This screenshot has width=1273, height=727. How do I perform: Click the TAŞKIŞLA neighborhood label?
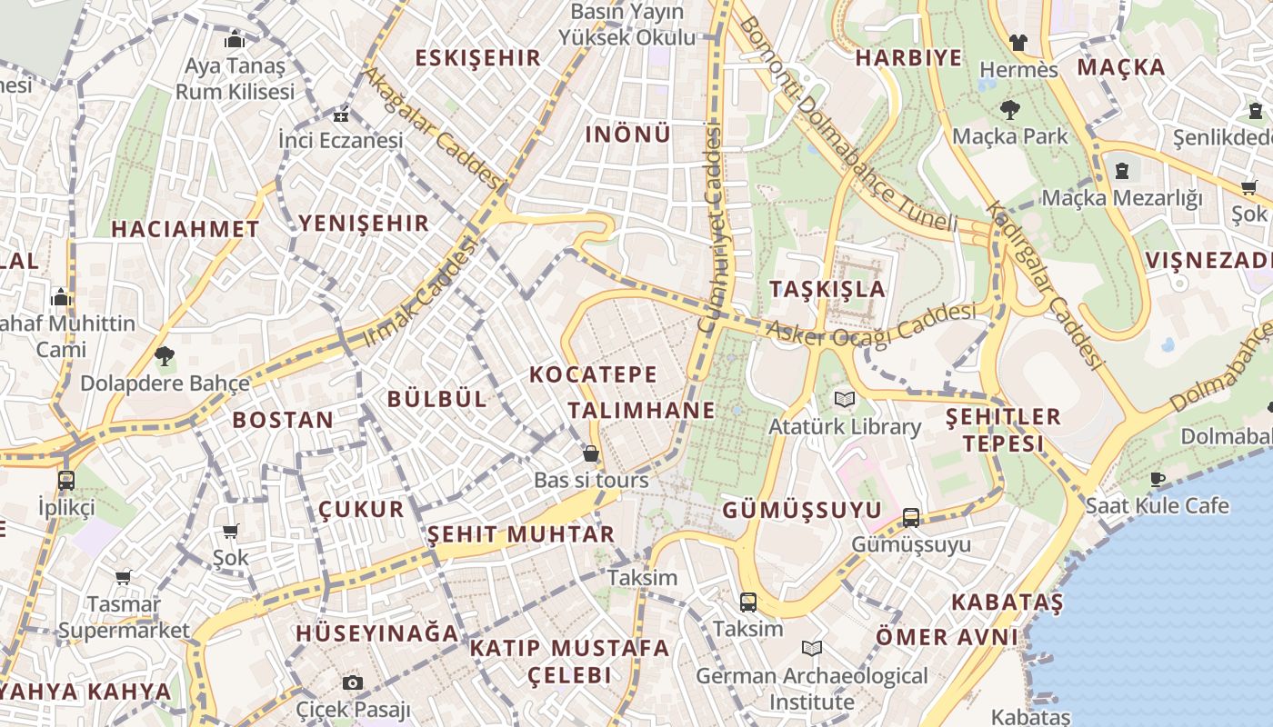coord(827,289)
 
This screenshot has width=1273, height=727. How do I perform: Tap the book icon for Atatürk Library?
coord(845,399)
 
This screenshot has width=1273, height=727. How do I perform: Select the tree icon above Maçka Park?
coord(1009,110)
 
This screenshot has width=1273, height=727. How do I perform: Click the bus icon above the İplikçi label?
coord(65,480)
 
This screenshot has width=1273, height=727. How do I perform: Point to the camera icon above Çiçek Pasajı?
coord(353,682)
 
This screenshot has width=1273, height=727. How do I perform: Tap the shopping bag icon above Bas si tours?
coord(591,453)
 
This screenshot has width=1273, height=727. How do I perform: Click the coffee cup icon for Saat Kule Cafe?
coord(1158,479)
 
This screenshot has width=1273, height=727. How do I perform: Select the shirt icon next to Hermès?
coord(1017,42)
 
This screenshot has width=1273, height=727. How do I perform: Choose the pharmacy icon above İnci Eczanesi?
coord(341,115)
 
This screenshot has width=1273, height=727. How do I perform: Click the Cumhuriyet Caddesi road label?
coord(711,227)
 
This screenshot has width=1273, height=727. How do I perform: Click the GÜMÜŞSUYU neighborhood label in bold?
coord(802,510)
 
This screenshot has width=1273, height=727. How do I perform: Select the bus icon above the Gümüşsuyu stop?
coord(911,518)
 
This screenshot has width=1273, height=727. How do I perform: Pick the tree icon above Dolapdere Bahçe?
coord(165,355)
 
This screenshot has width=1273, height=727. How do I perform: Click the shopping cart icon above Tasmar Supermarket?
coord(124,577)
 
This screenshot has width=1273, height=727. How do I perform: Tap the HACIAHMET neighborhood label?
coord(185,230)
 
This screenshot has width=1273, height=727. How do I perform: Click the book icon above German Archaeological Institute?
coord(812,648)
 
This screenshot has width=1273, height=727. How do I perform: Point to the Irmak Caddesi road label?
coord(421,293)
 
